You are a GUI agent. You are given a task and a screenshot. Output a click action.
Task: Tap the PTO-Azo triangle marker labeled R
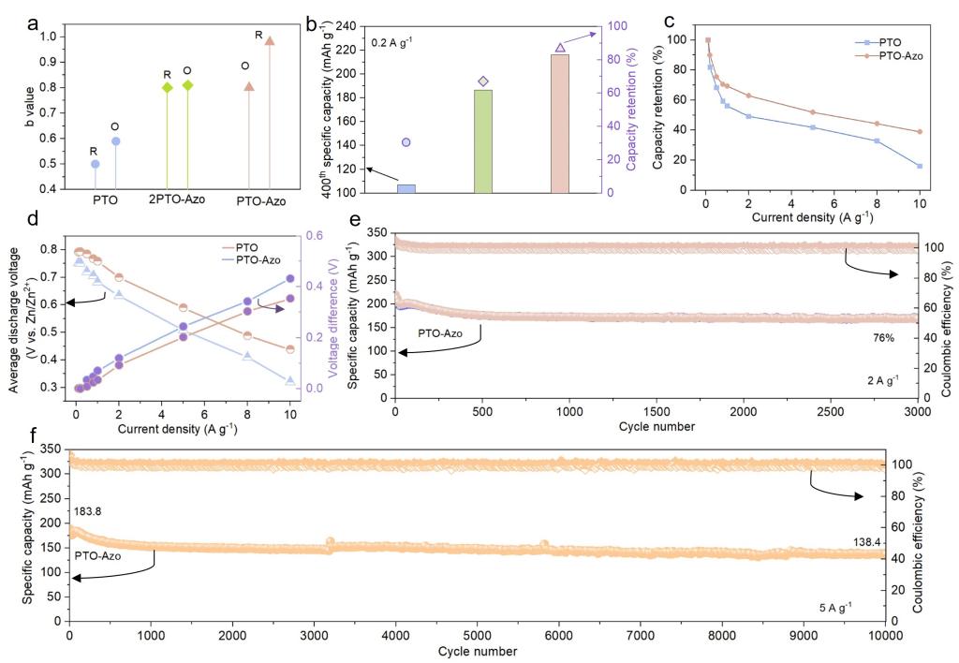pos(270,41)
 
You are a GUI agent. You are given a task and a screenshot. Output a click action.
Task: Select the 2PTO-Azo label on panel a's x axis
pos(178,200)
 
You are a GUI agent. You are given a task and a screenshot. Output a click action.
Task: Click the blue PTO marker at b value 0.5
pos(95,164)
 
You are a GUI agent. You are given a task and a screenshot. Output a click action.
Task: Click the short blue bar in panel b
pos(406,188)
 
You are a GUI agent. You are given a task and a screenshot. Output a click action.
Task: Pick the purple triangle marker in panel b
pos(560,47)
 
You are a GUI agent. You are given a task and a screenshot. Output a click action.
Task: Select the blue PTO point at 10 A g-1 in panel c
pos(920,166)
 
